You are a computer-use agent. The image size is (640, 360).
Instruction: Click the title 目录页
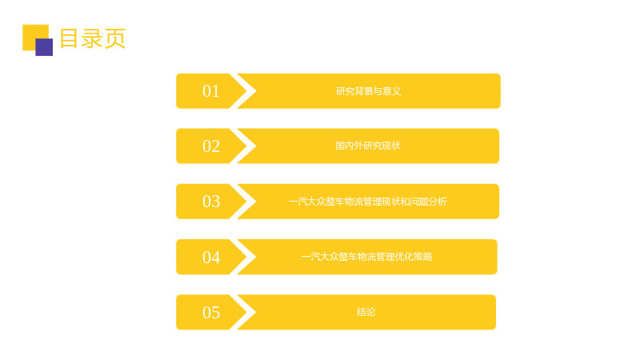(93, 38)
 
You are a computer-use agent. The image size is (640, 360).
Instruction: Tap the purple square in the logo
(44, 47)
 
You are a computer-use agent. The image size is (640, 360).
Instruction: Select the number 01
(211, 91)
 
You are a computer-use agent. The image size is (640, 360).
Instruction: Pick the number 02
(211, 146)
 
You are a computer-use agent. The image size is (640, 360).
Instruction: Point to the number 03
(211, 202)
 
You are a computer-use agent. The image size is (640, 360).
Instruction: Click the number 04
(211, 257)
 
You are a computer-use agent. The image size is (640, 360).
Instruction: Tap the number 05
(211, 312)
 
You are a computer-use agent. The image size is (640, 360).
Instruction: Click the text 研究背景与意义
(368, 91)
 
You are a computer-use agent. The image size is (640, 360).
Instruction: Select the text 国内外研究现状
(368, 146)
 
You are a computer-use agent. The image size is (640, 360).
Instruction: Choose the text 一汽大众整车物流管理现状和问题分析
(367, 202)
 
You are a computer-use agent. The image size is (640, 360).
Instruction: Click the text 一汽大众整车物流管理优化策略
(366, 257)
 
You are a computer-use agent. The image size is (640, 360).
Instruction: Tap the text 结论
(366, 312)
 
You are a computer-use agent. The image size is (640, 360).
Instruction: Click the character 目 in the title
(69, 38)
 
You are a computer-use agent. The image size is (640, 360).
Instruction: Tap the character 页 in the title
(115, 38)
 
